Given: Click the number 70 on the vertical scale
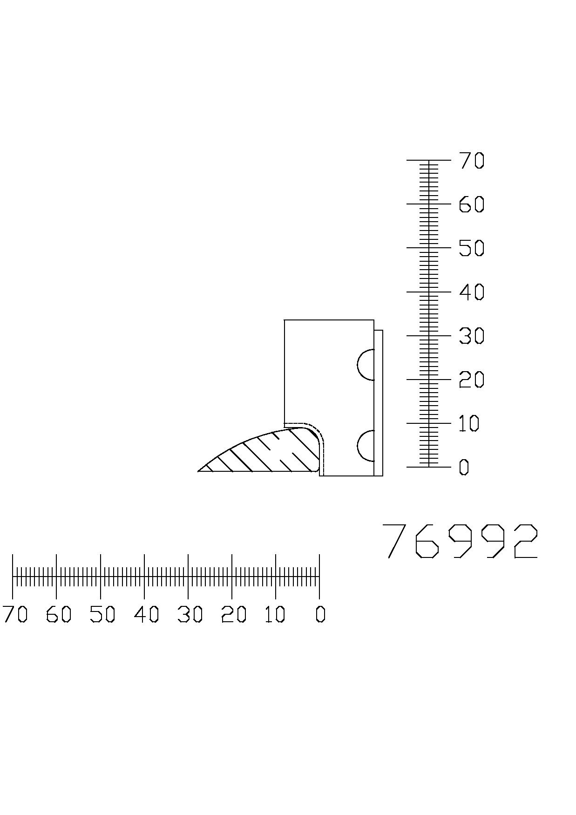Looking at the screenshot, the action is click(x=472, y=161).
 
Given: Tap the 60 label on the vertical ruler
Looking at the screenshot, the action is click(x=472, y=204).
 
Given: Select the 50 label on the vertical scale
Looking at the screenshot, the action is click(x=472, y=248).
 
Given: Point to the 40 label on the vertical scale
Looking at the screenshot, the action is click(x=472, y=292).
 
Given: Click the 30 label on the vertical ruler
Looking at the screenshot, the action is click(x=472, y=336).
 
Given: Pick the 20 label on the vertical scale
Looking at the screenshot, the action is click(x=472, y=380).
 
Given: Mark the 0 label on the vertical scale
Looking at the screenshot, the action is click(x=464, y=467).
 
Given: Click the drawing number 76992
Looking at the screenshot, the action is click(x=460, y=541).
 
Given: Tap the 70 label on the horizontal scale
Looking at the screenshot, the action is click(x=15, y=615).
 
